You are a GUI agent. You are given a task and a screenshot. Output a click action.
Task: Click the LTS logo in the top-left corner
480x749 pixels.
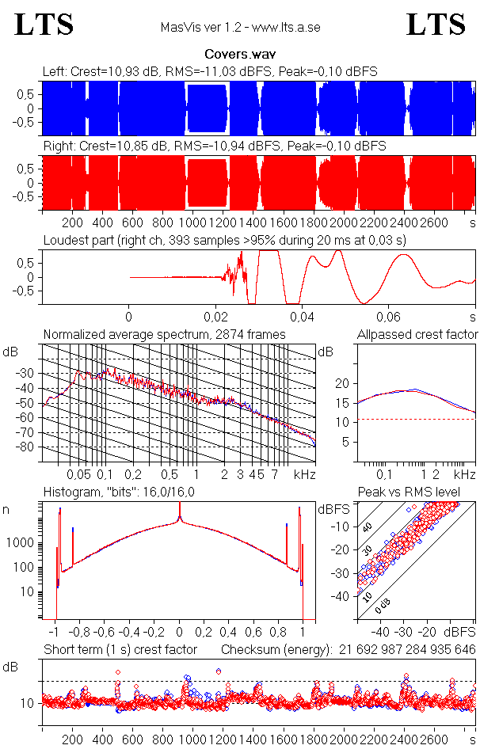[x=44, y=25]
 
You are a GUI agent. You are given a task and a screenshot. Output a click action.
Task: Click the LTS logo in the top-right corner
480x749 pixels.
[x=436, y=25]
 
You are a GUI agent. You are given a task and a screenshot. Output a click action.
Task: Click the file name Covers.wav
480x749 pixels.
[x=240, y=55]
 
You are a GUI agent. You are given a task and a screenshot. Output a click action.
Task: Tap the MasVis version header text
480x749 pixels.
[x=240, y=28]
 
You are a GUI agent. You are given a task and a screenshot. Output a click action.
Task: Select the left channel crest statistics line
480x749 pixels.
[x=210, y=71]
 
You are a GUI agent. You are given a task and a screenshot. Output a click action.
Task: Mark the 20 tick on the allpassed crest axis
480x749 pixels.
[x=342, y=383]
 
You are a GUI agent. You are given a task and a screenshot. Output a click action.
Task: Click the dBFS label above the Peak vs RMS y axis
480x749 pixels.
[x=333, y=510]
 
